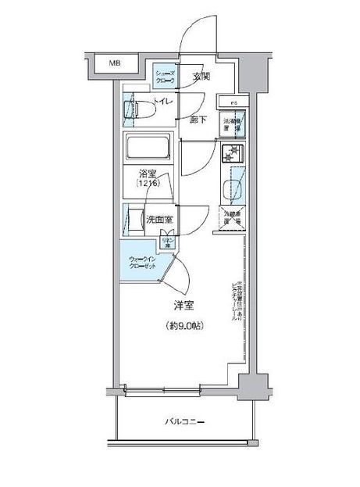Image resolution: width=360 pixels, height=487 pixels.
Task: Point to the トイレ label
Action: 163,102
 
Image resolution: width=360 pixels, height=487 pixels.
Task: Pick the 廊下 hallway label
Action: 198,119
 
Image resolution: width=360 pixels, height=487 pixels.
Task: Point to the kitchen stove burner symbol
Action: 233,153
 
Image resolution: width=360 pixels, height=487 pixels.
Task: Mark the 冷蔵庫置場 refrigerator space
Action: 233,218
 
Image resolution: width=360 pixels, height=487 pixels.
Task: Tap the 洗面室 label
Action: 159,220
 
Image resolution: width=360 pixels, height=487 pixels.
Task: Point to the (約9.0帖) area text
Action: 184,325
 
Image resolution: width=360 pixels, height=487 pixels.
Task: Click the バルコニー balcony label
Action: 185,423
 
